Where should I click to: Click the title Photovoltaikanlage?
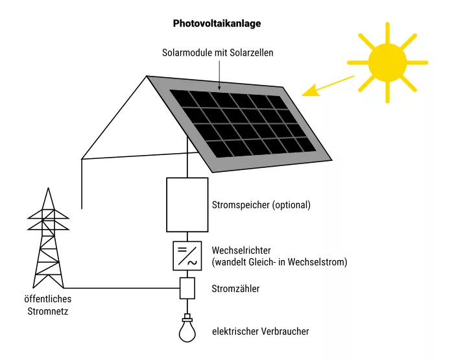[217, 23]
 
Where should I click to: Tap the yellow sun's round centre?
[387, 62]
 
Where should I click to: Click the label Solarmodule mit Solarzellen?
[218, 53]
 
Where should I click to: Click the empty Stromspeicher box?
[187, 204]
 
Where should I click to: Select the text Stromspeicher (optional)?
[261, 205]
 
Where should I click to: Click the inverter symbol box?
[187, 256]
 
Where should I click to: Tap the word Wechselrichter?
[241, 250]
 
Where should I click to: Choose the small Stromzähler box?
[187, 288]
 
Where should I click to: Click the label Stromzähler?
[236, 289]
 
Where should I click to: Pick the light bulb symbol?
[187, 329]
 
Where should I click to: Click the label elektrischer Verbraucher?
[261, 331]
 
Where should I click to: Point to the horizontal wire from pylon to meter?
[123, 288]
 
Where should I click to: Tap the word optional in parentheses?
[291, 205]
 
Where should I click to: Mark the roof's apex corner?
[147, 76]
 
